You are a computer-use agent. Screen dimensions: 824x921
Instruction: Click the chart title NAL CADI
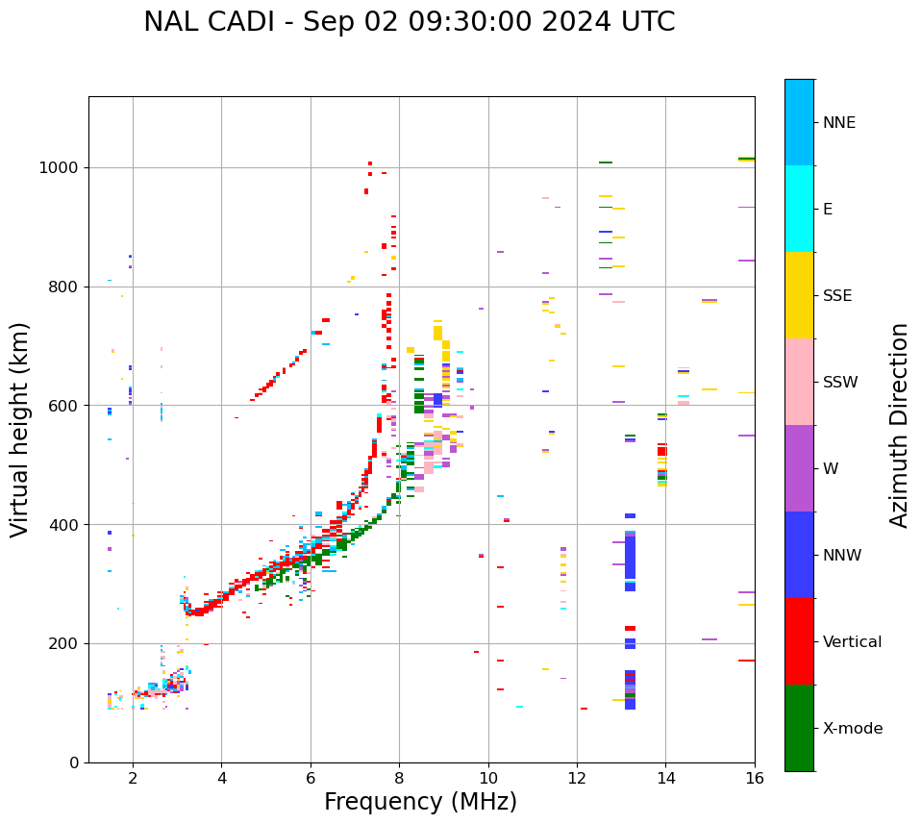click(x=409, y=22)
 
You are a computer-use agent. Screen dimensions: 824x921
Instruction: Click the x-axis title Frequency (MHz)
click(x=420, y=802)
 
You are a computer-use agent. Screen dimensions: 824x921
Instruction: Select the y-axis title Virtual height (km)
click(x=20, y=429)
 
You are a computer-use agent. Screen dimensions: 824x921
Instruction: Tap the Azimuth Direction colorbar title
click(x=899, y=424)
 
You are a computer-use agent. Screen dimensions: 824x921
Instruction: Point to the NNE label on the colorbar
click(x=838, y=123)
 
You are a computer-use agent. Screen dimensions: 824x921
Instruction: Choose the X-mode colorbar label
click(x=852, y=729)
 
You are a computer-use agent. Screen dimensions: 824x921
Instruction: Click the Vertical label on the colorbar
click(x=852, y=642)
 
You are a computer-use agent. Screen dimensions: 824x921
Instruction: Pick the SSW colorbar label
click(x=840, y=383)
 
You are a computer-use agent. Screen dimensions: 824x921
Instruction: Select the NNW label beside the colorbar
click(x=842, y=556)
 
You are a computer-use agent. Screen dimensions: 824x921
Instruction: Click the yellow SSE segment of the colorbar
click(x=799, y=295)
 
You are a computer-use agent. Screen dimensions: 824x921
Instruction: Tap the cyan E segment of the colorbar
click(x=799, y=209)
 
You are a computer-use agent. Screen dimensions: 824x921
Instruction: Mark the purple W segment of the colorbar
click(x=799, y=468)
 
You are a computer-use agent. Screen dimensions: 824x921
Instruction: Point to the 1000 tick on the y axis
click(x=60, y=167)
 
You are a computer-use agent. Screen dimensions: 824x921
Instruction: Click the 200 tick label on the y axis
click(x=64, y=643)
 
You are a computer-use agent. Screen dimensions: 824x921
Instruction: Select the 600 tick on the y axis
click(x=64, y=405)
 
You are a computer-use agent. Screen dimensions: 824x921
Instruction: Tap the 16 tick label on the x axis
click(x=755, y=778)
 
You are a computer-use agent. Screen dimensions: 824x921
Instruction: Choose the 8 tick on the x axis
click(x=399, y=778)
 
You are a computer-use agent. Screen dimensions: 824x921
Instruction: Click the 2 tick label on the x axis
click(x=133, y=778)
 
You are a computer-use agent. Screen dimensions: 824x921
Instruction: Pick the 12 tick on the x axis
click(x=577, y=778)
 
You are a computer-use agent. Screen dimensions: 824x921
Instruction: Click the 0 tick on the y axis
click(x=74, y=762)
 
